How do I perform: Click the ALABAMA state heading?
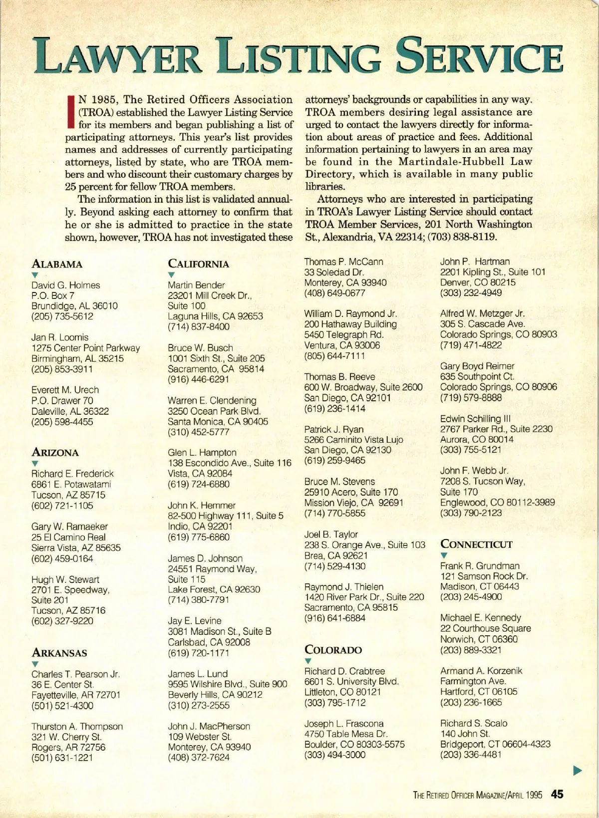[x=57, y=264]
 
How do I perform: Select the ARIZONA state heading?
[x=55, y=453]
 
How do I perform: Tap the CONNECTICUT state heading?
[x=476, y=544]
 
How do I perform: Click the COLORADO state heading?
[x=333, y=650]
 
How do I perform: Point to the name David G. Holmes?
[x=65, y=285]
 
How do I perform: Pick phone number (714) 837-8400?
[x=199, y=327]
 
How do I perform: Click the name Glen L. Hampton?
[x=202, y=452]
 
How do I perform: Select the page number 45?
[x=558, y=795]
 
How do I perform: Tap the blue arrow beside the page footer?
[x=578, y=771]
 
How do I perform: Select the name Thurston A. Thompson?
[x=77, y=726]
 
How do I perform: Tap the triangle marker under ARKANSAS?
[x=34, y=664]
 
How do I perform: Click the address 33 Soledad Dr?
[x=334, y=272]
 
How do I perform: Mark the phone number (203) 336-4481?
[x=471, y=754]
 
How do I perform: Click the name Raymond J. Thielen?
[x=344, y=587]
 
